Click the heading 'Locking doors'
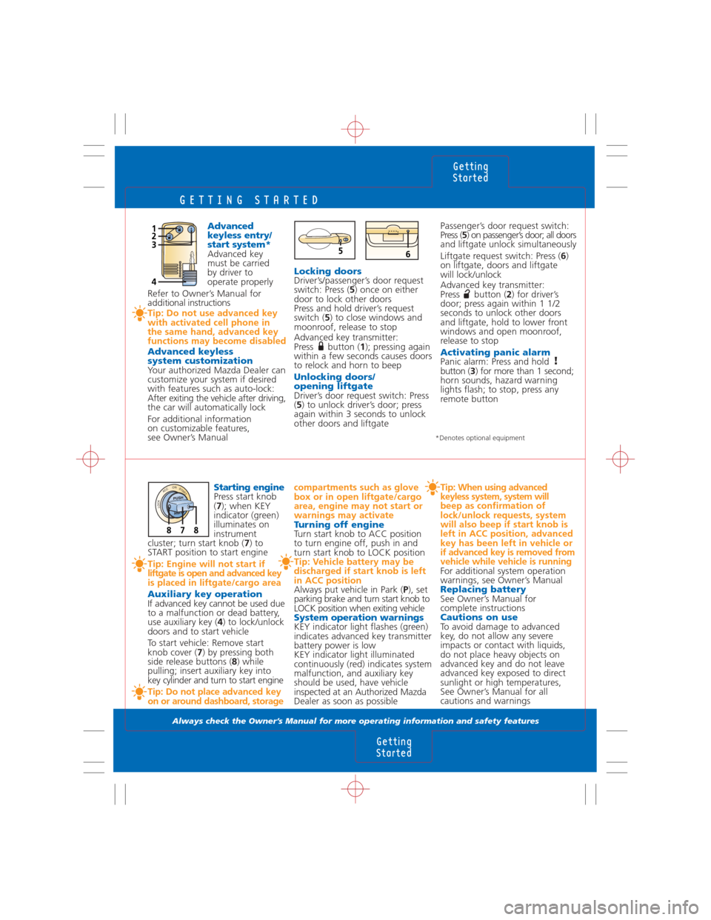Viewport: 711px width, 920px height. [327, 271]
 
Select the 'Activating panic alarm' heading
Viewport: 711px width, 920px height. [495, 353]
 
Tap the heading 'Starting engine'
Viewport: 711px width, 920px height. [249, 487]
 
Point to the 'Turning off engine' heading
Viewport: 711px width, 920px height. [339, 524]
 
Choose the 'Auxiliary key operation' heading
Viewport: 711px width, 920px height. [205, 594]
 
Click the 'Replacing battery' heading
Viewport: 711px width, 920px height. [483, 590]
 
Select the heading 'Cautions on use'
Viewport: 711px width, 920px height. [478, 617]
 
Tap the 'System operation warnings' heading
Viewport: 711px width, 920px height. [358, 618]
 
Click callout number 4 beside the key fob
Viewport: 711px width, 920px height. [154, 281]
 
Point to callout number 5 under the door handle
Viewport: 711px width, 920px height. [340, 251]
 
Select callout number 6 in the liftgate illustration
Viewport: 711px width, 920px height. [408, 254]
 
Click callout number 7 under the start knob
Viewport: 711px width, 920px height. [182, 530]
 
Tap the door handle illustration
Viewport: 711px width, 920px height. [324, 240]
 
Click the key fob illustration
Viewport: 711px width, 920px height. [179, 253]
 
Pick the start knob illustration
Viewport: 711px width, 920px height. [178, 510]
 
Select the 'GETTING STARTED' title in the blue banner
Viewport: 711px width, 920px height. [250, 200]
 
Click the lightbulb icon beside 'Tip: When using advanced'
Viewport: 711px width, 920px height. [432, 488]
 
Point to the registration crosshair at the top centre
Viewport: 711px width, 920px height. [355, 129]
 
